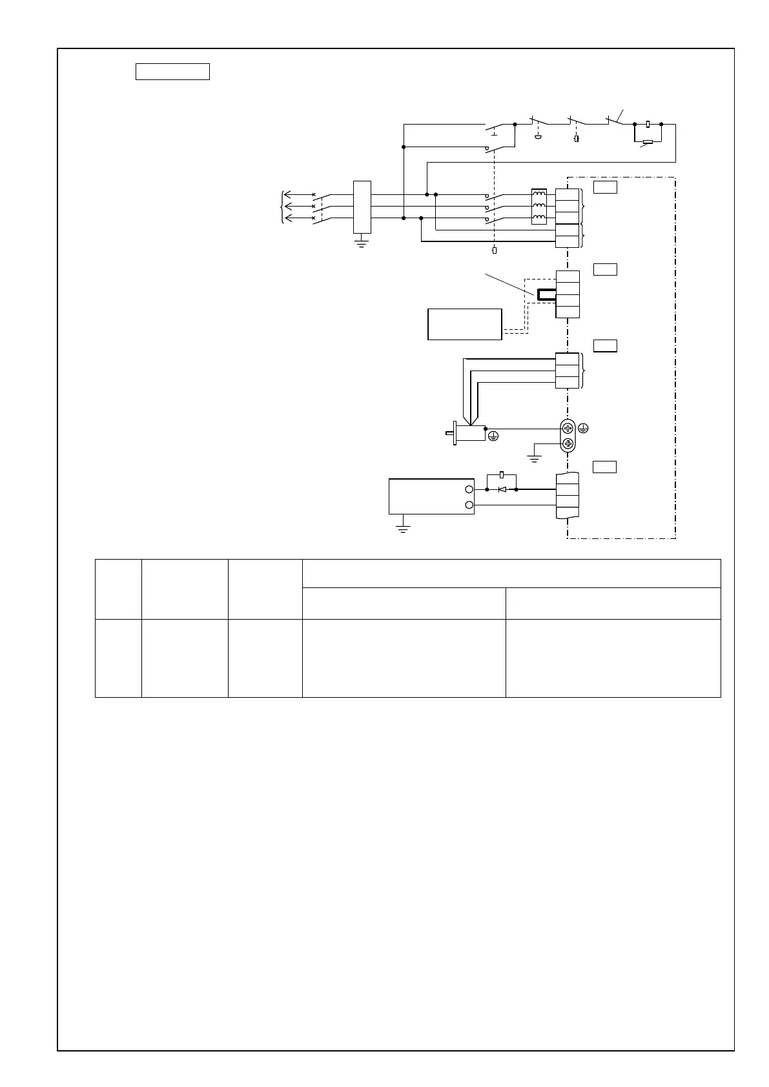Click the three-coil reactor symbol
(538, 207)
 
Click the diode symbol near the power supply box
(502, 489)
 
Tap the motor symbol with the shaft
(469, 432)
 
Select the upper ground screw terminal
(568, 428)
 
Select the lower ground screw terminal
(568, 443)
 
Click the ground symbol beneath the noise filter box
(362, 244)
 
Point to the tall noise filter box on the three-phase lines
(362, 207)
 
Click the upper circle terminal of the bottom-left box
(469, 490)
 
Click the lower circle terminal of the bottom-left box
(469, 505)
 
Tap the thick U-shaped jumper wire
(546, 295)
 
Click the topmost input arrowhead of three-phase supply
(288, 194)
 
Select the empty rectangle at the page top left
(172, 72)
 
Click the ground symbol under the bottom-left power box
(403, 529)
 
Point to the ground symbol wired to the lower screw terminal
(534, 459)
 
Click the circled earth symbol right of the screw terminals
(584, 428)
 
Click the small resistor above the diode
(502, 474)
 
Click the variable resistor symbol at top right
(648, 142)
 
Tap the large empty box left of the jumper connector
(464, 323)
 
